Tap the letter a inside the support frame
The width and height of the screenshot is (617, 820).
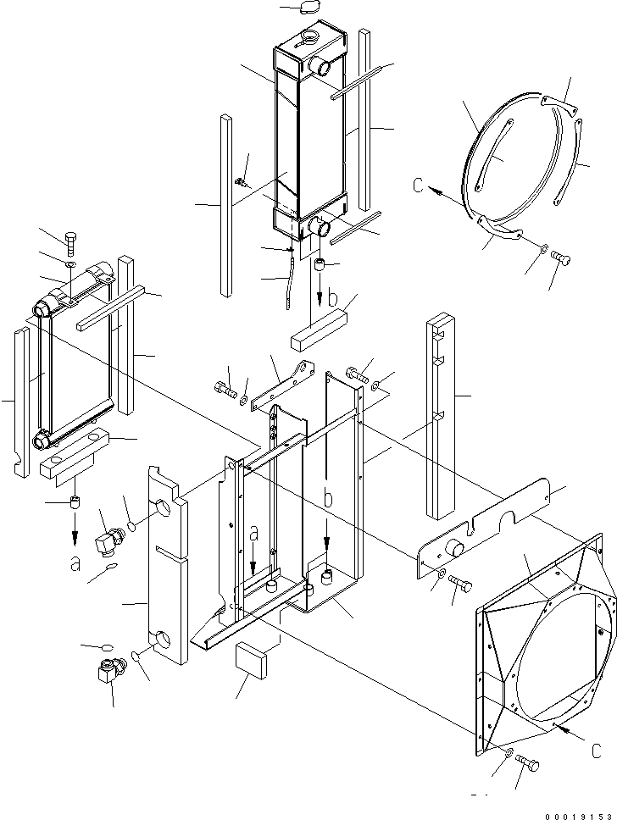[254, 535]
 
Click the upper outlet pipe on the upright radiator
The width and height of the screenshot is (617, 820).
[322, 64]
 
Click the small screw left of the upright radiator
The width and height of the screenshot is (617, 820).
[242, 180]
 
